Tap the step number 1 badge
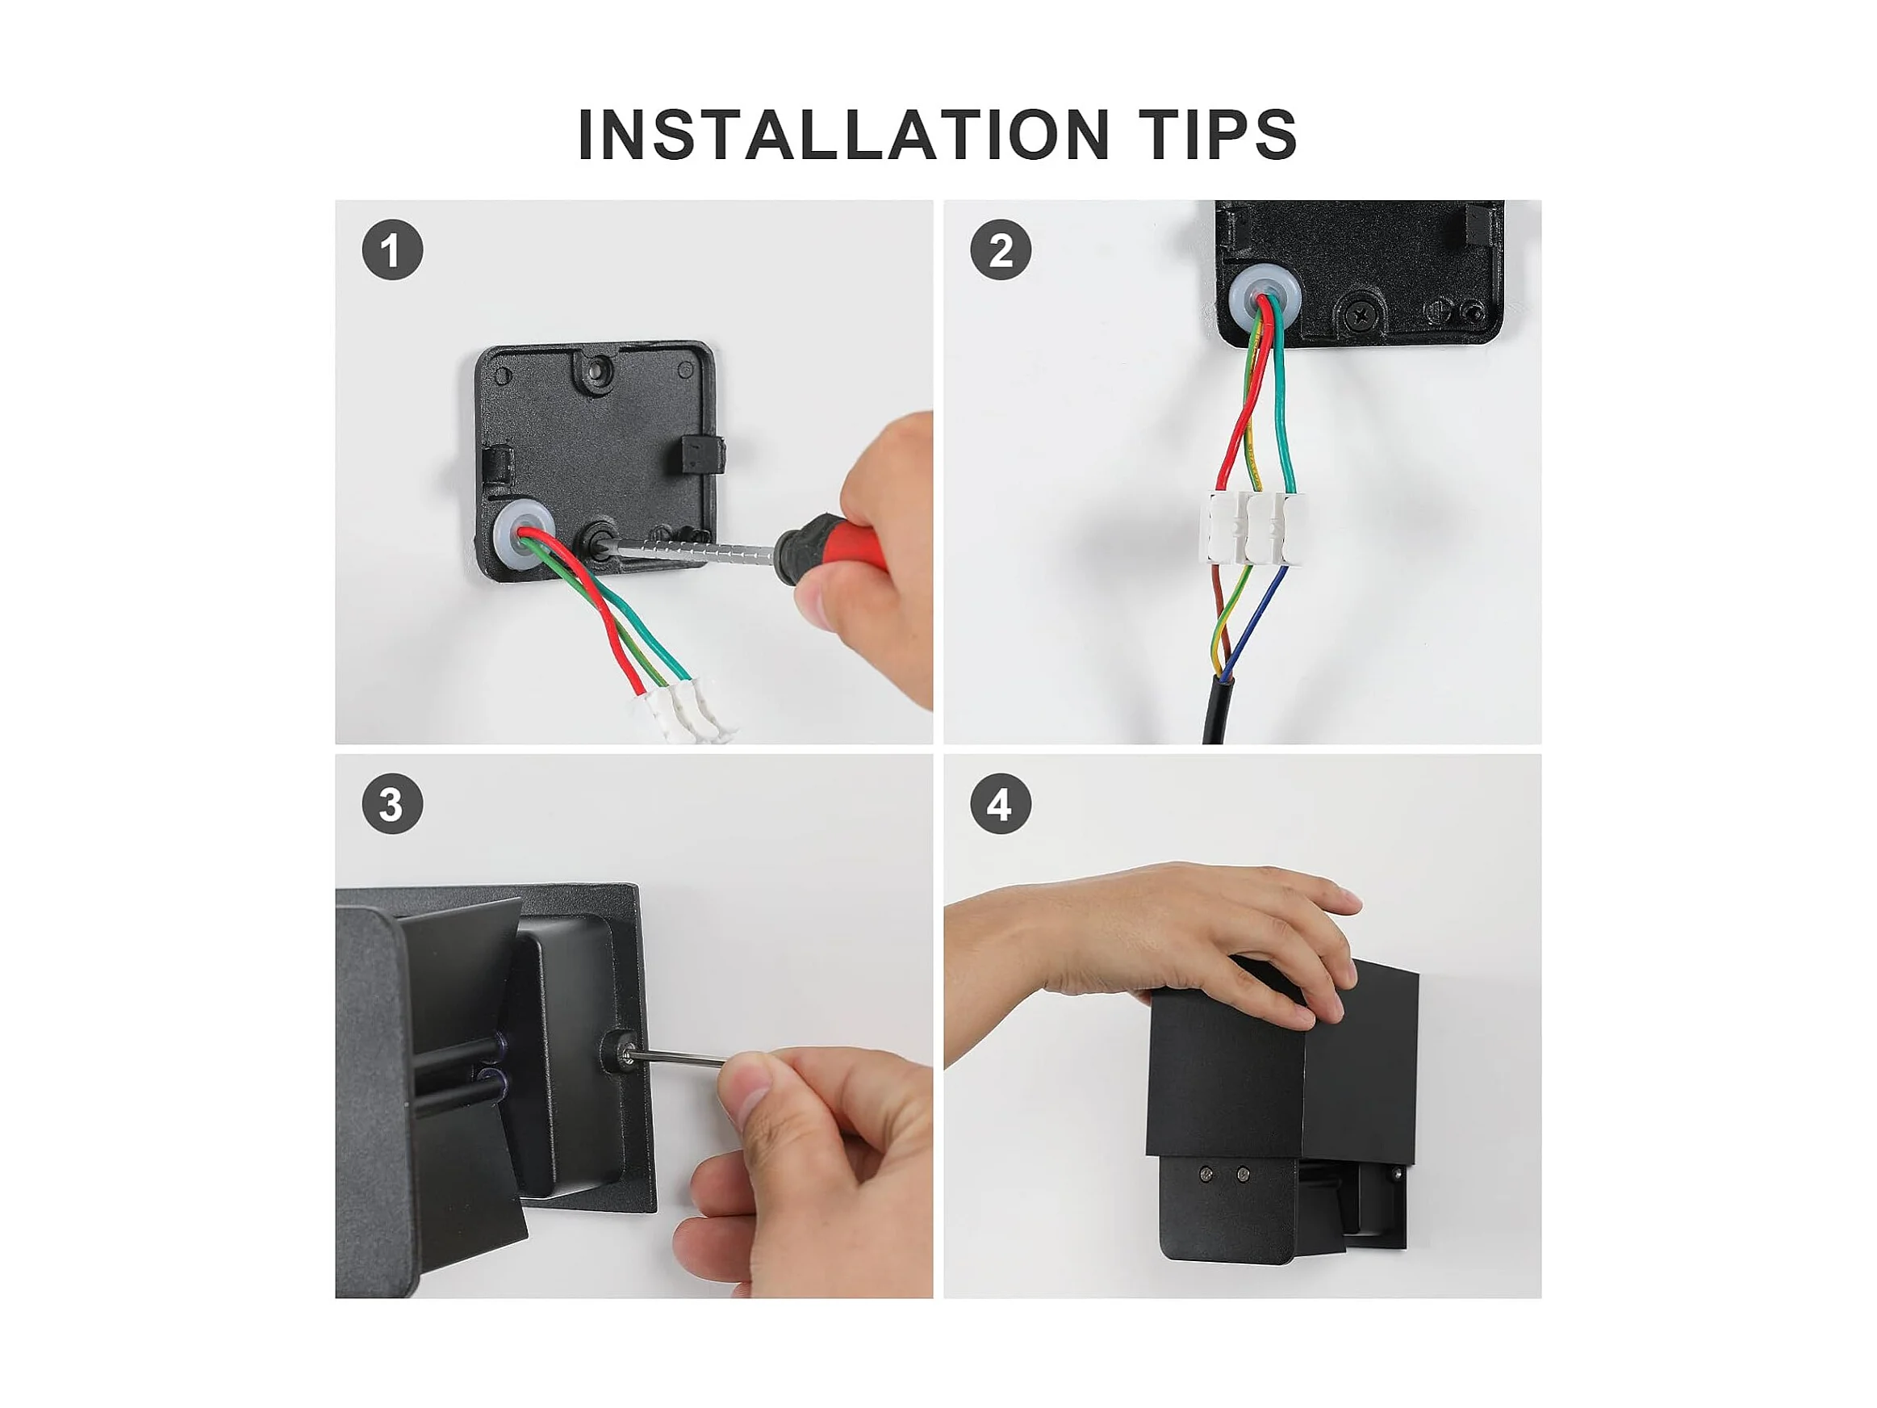392,250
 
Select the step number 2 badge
1001,250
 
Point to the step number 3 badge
392,804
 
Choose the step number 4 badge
1001,804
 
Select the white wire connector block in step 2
1252,527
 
